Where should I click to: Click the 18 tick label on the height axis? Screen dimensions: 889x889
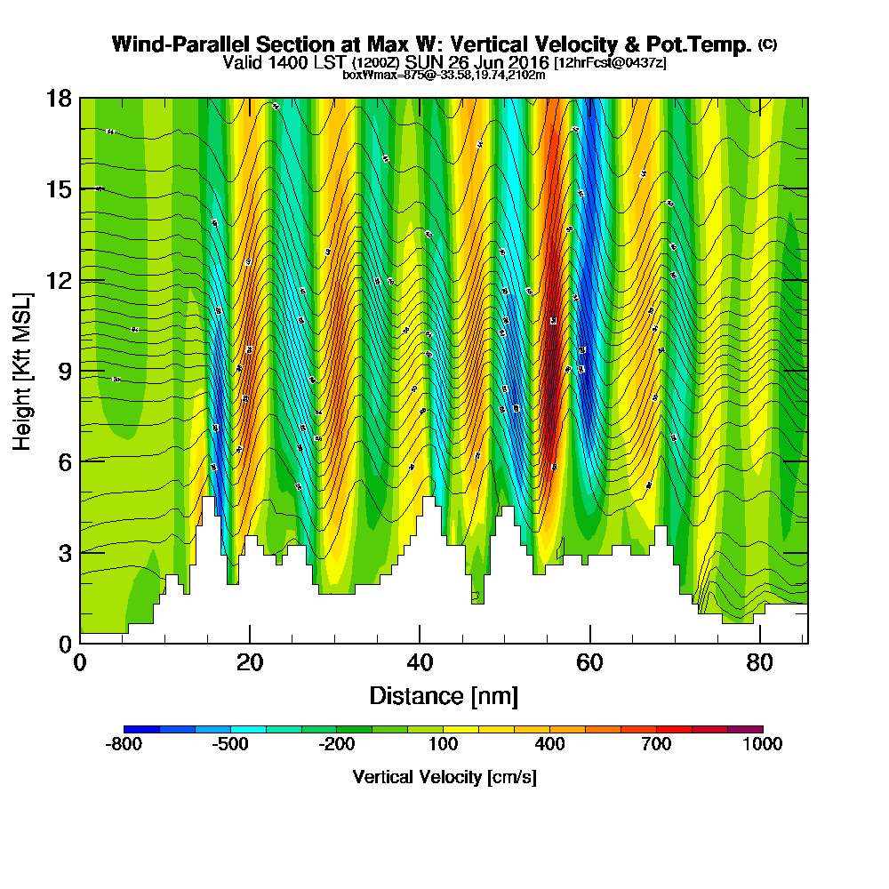[58, 98]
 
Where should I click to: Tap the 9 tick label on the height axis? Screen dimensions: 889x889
[64, 371]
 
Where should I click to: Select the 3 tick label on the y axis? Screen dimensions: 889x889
[64, 552]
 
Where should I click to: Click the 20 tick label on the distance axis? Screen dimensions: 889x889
[250, 663]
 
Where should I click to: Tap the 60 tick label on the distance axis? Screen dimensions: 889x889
[590, 663]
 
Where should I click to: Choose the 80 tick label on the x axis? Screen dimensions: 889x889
[761, 663]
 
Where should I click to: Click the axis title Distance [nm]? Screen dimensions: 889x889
[444, 695]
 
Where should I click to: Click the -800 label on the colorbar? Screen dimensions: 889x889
[124, 744]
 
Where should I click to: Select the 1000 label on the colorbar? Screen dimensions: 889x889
[763, 744]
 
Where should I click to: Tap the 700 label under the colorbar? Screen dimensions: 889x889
[656, 744]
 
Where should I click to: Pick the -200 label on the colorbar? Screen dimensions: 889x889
[336, 744]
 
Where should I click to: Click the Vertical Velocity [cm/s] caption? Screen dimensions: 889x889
[444, 777]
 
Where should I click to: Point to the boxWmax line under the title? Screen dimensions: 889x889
[444, 75]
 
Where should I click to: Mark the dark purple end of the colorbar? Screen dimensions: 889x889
[753, 729]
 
